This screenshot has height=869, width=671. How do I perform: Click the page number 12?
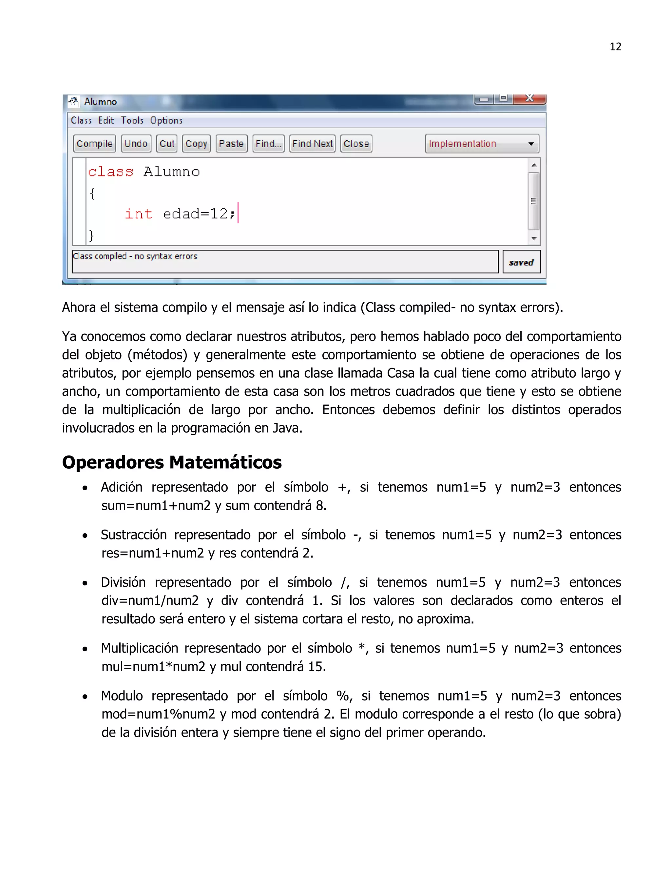coord(615,47)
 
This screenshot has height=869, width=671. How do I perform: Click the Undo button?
coord(136,144)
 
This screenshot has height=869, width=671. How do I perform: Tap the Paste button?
coord(231,144)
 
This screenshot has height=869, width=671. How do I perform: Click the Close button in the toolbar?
coord(356,144)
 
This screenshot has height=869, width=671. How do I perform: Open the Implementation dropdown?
coord(481,144)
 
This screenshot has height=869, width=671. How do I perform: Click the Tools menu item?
coord(132,120)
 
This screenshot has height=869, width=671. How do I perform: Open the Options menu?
coord(166,120)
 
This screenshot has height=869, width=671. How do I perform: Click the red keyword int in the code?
coord(139,214)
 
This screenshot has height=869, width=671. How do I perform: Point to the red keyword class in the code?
coord(110,172)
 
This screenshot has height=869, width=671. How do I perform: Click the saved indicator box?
coord(521,262)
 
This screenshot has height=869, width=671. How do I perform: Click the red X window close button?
coord(529,98)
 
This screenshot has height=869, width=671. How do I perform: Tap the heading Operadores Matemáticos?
coord(172,462)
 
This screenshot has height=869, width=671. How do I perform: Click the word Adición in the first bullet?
coord(121,487)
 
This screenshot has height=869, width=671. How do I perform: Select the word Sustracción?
coord(134,535)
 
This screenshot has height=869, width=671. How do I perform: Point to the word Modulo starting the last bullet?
coord(122,696)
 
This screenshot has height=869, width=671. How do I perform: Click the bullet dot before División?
coord(85,584)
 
